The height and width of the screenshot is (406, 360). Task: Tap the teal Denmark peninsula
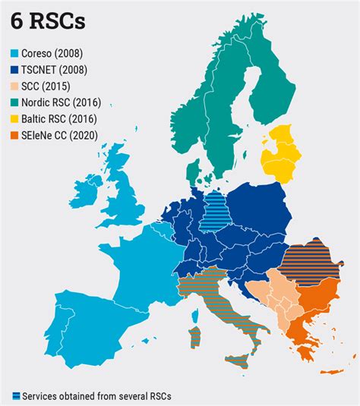[x=195, y=169]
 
